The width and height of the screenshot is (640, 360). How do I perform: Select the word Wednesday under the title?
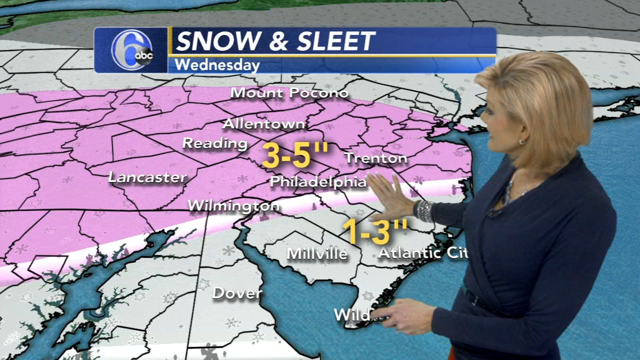click(x=217, y=65)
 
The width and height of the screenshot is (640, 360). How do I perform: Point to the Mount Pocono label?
click(x=289, y=93)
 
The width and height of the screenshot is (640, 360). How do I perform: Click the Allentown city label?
click(x=263, y=123)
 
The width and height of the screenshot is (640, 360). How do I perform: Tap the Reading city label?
click(x=215, y=143)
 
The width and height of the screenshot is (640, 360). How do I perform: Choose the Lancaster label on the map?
click(x=147, y=177)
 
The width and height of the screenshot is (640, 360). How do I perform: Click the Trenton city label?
click(x=376, y=158)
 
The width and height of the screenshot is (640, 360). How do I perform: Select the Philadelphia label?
click(x=318, y=181)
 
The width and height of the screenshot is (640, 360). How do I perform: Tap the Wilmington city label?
click(x=233, y=205)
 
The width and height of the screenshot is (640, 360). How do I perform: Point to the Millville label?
click(x=317, y=253)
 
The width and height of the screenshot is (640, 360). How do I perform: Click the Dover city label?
click(x=236, y=293)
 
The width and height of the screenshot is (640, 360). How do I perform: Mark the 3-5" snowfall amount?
click(x=295, y=155)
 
